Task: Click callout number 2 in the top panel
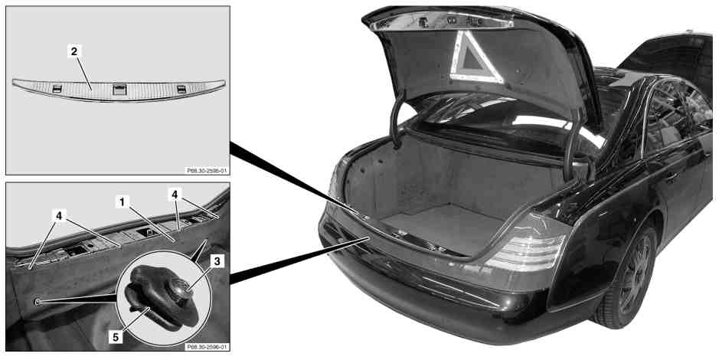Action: click(74, 51)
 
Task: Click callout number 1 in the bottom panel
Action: click(122, 201)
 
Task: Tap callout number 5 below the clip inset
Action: click(116, 337)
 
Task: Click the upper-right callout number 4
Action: click(175, 195)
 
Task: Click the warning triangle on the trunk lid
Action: click(475, 57)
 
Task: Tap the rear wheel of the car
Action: click(630, 275)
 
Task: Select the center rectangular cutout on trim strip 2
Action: click(119, 90)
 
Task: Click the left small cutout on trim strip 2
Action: click(57, 89)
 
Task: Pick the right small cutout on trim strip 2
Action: click(181, 89)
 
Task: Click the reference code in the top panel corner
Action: click(207, 171)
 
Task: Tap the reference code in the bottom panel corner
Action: click(207, 347)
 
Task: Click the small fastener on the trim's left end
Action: click(38, 301)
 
